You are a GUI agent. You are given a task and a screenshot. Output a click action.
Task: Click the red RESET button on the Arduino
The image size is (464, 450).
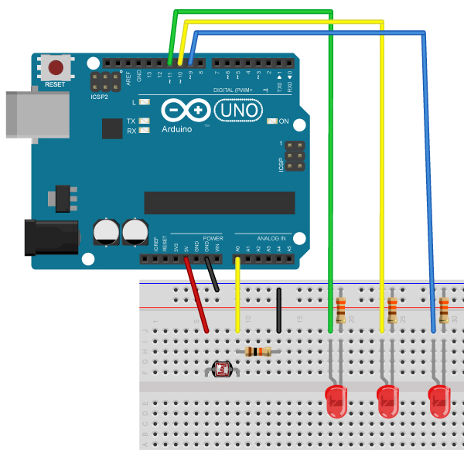click(56, 67)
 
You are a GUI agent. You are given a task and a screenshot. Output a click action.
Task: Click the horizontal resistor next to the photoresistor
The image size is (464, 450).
click(258, 352)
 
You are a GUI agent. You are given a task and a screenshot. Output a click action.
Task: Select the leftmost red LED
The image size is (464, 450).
click(337, 402)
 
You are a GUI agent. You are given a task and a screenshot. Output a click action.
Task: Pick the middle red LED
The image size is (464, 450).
click(387, 402)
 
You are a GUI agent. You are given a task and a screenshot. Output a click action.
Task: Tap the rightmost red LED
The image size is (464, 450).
click(439, 402)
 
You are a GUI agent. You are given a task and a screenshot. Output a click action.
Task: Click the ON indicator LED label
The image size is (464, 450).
click(282, 121)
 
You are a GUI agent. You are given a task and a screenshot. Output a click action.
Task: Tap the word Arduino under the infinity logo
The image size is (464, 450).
click(177, 129)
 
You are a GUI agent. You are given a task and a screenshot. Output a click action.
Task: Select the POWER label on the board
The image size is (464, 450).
click(213, 238)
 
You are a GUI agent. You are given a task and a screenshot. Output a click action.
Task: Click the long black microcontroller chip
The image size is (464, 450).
click(219, 203)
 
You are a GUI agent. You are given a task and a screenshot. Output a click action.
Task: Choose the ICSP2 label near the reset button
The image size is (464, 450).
click(99, 98)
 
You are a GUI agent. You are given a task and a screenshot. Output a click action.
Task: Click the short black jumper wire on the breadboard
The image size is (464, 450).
click(278, 309)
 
